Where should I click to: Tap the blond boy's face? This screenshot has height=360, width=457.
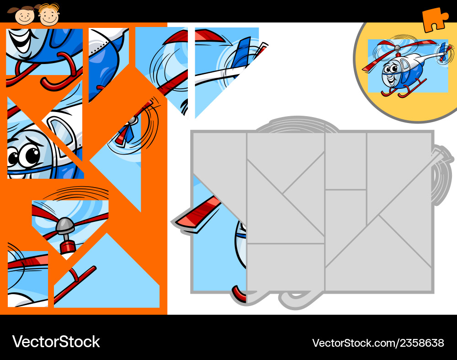(x=48, y=16)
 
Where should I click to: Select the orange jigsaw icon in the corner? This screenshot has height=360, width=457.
(x=435, y=20)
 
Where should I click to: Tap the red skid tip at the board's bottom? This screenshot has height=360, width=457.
(x=239, y=293)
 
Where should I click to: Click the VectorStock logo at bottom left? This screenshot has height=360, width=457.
(x=56, y=341)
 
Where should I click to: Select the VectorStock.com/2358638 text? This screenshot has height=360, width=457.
(x=378, y=343)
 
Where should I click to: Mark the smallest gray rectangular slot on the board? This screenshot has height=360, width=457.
(x=345, y=161)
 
